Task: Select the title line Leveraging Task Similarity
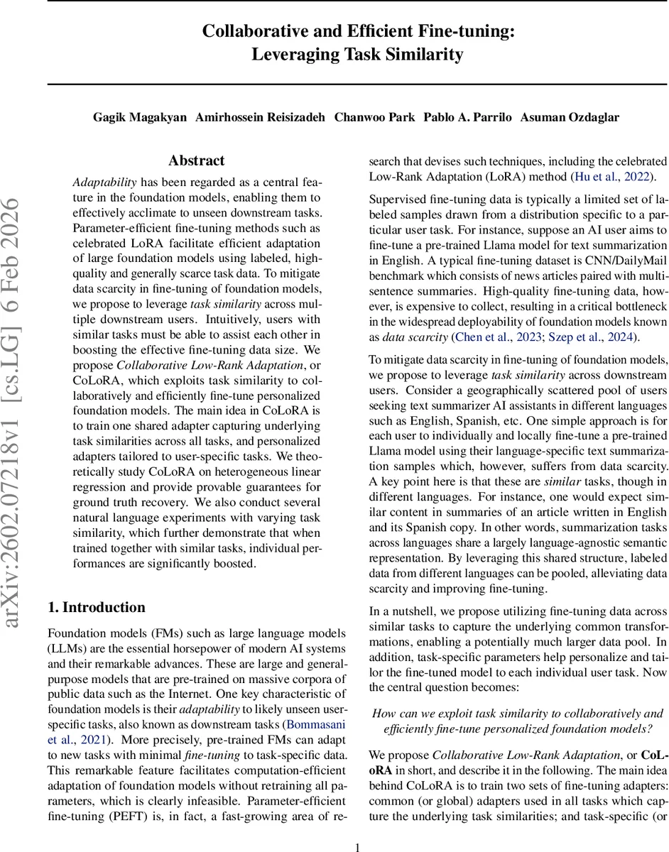point(357,54)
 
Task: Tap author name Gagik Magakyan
point(138,117)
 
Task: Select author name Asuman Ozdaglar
point(569,117)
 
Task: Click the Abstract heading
point(197,161)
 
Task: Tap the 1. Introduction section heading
point(96,607)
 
